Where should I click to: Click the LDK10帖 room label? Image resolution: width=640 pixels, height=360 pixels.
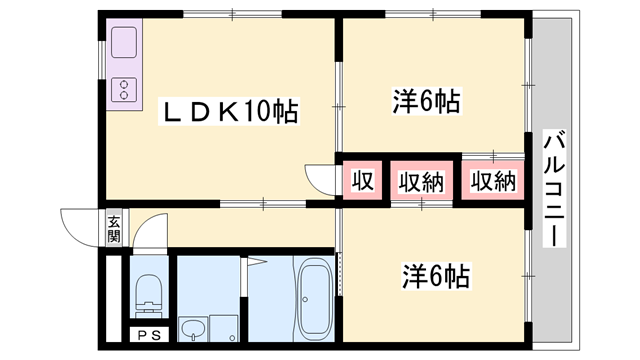point(229,111)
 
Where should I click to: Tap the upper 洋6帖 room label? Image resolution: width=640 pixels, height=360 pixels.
point(426,101)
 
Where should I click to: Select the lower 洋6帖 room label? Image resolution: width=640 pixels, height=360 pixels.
point(437,273)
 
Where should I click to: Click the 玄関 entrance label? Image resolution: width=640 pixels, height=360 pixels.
point(114,229)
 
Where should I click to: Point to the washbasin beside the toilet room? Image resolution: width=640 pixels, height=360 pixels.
point(193,327)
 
